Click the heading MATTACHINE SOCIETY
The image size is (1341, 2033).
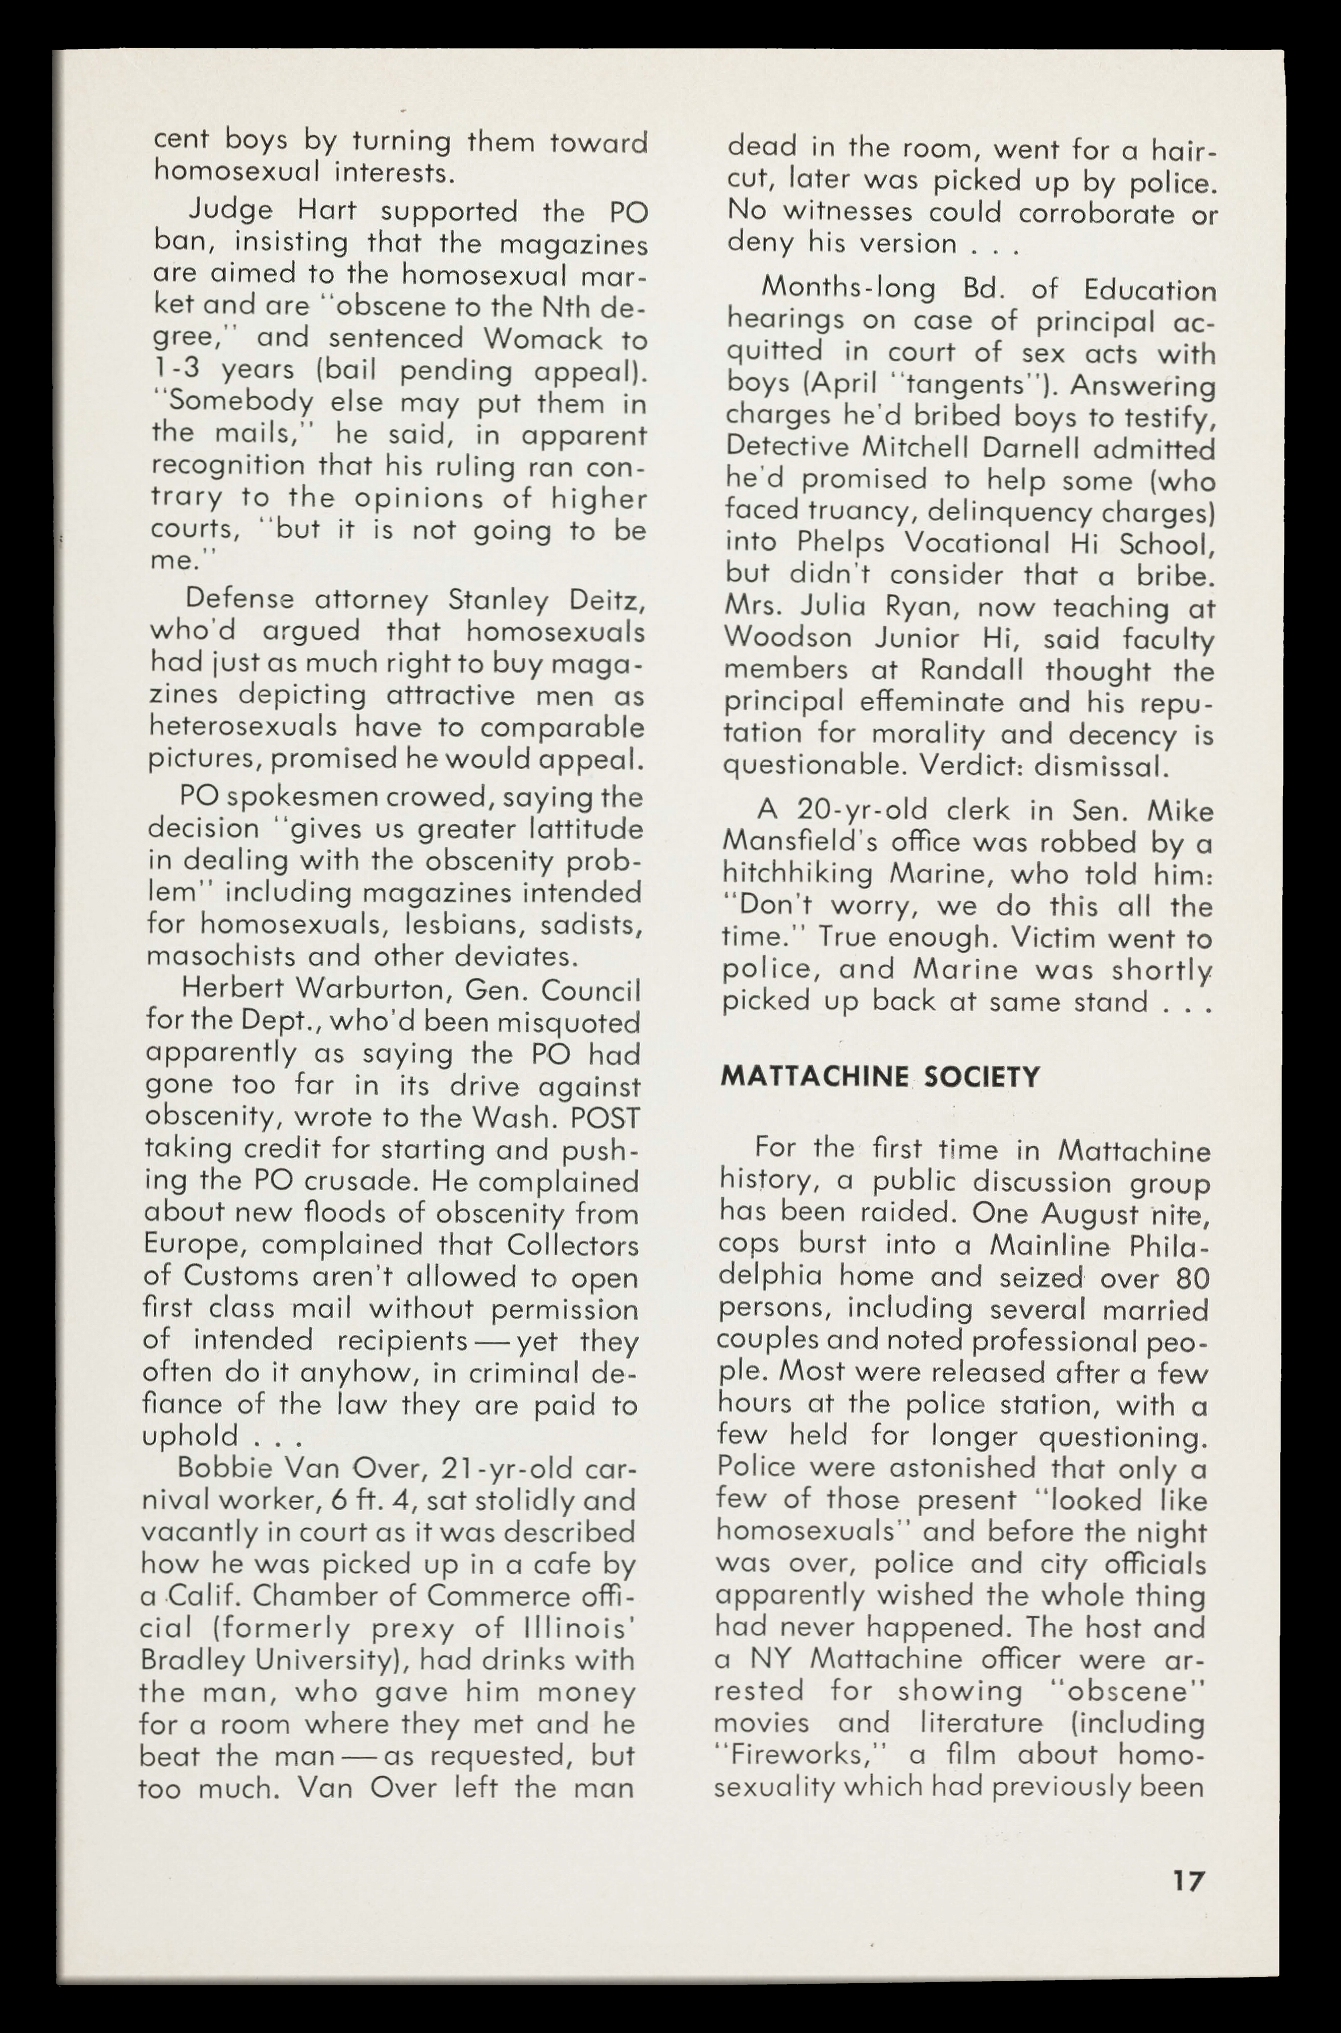(x=880, y=1076)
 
